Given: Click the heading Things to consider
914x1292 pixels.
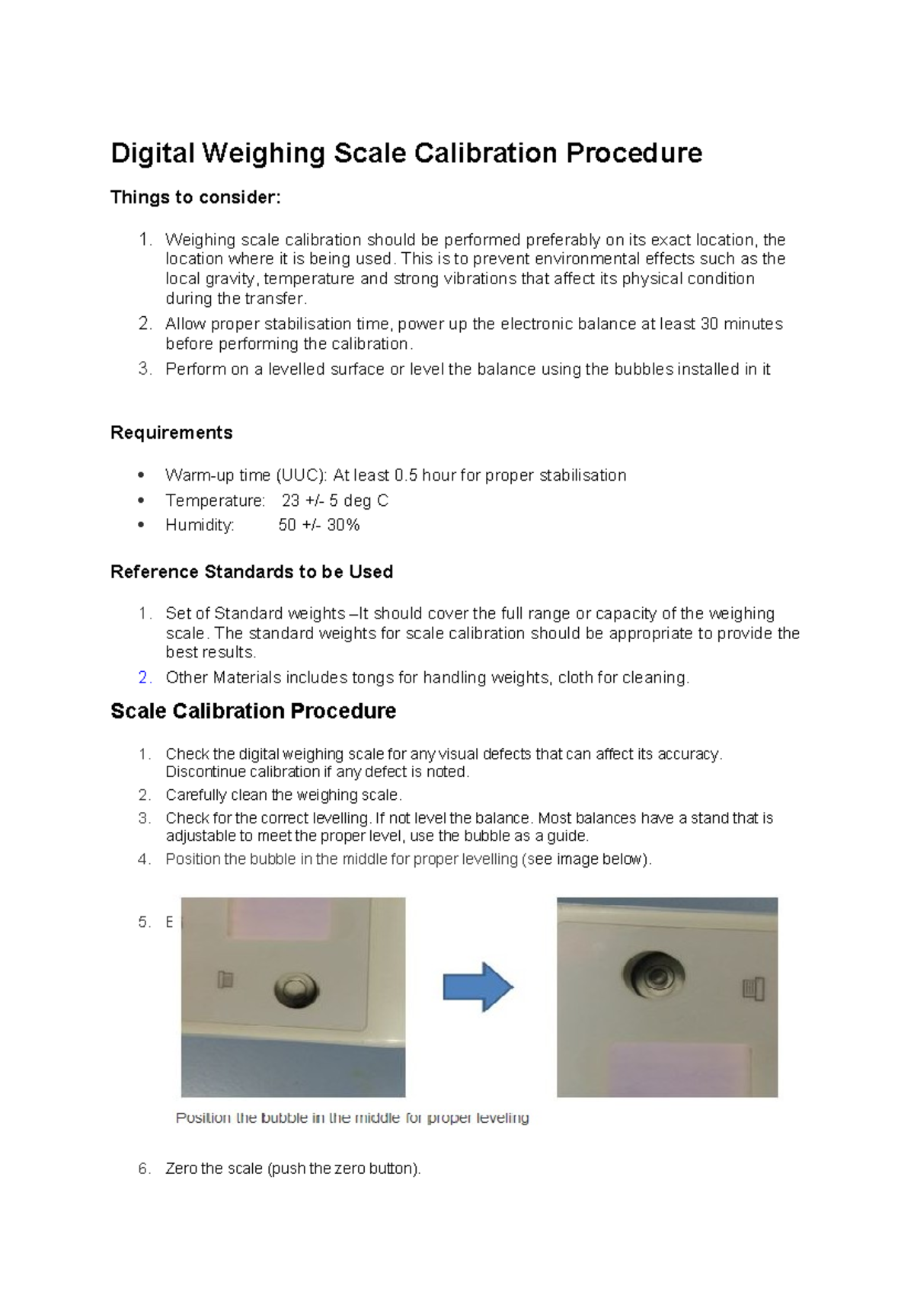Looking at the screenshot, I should tap(196, 197).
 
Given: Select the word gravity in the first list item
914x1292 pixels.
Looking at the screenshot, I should tap(232, 279).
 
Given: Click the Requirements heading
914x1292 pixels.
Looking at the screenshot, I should tap(171, 433).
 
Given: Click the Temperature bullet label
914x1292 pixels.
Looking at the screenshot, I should tap(215, 500).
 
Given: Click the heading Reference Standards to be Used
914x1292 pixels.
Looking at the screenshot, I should tap(251, 572).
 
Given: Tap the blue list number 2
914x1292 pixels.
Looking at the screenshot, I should tap(144, 678).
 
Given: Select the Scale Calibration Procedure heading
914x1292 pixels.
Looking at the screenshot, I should tap(253, 712).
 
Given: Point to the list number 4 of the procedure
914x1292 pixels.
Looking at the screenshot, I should tap(144, 859).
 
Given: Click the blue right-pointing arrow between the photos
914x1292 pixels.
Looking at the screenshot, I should tap(478, 987).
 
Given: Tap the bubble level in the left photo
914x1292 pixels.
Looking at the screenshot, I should tap(296, 989).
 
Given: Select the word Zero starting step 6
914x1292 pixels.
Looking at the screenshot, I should tap(181, 1169).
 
